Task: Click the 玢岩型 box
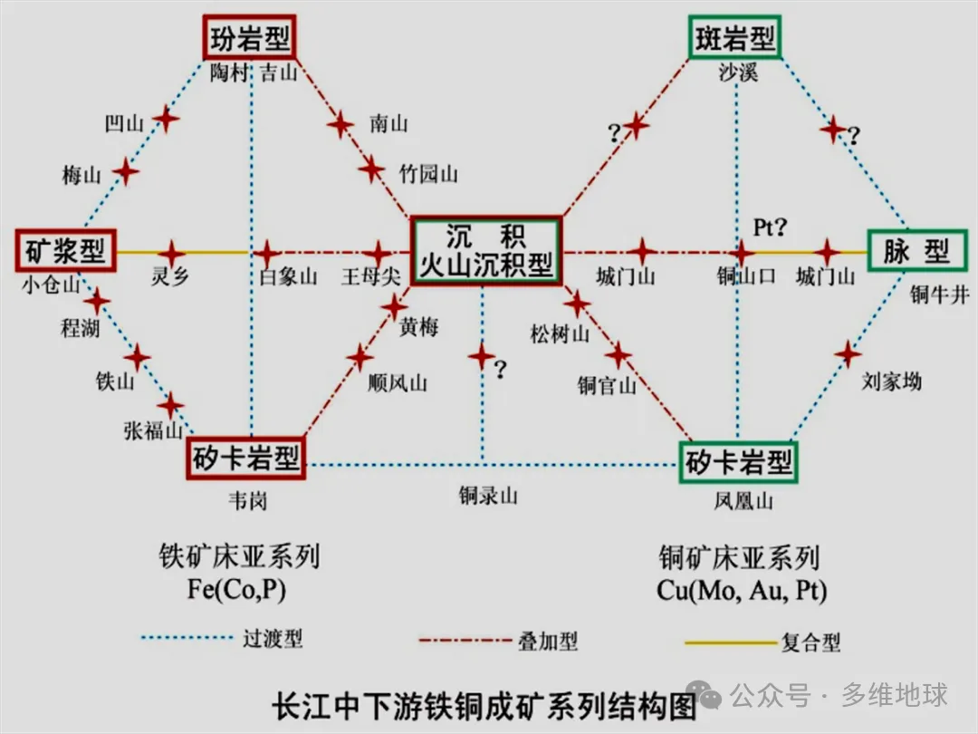tap(249, 40)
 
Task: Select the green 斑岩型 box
tap(734, 39)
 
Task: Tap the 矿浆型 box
tap(62, 251)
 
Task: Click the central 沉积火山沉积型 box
tap(486, 250)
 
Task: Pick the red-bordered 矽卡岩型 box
tap(246, 459)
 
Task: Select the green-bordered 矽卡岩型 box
tap(738, 463)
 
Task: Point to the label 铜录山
tap(487, 496)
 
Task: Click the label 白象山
tap(288, 277)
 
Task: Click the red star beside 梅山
tap(125, 171)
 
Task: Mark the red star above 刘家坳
tap(847, 353)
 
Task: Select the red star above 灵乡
tap(172, 253)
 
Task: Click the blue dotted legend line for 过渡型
tap(189, 639)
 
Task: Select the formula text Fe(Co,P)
tap(238, 590)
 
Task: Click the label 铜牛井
tap(940, 295)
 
